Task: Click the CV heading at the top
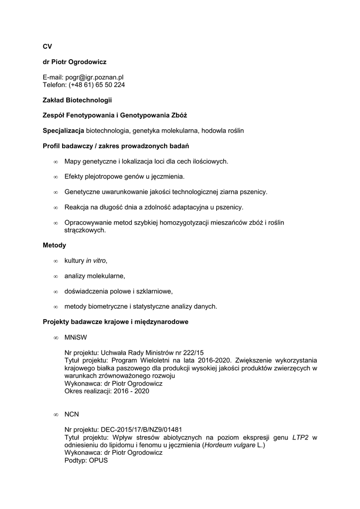pos(47,46)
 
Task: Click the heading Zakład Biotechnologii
pos(77,100)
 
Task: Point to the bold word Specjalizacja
pos(63,131)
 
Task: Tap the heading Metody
pos(54,245)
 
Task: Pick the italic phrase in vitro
pos(96,260)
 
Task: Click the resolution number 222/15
pos(186,352)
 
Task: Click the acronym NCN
pos(72,414)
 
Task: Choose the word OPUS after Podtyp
pos(98,461)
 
